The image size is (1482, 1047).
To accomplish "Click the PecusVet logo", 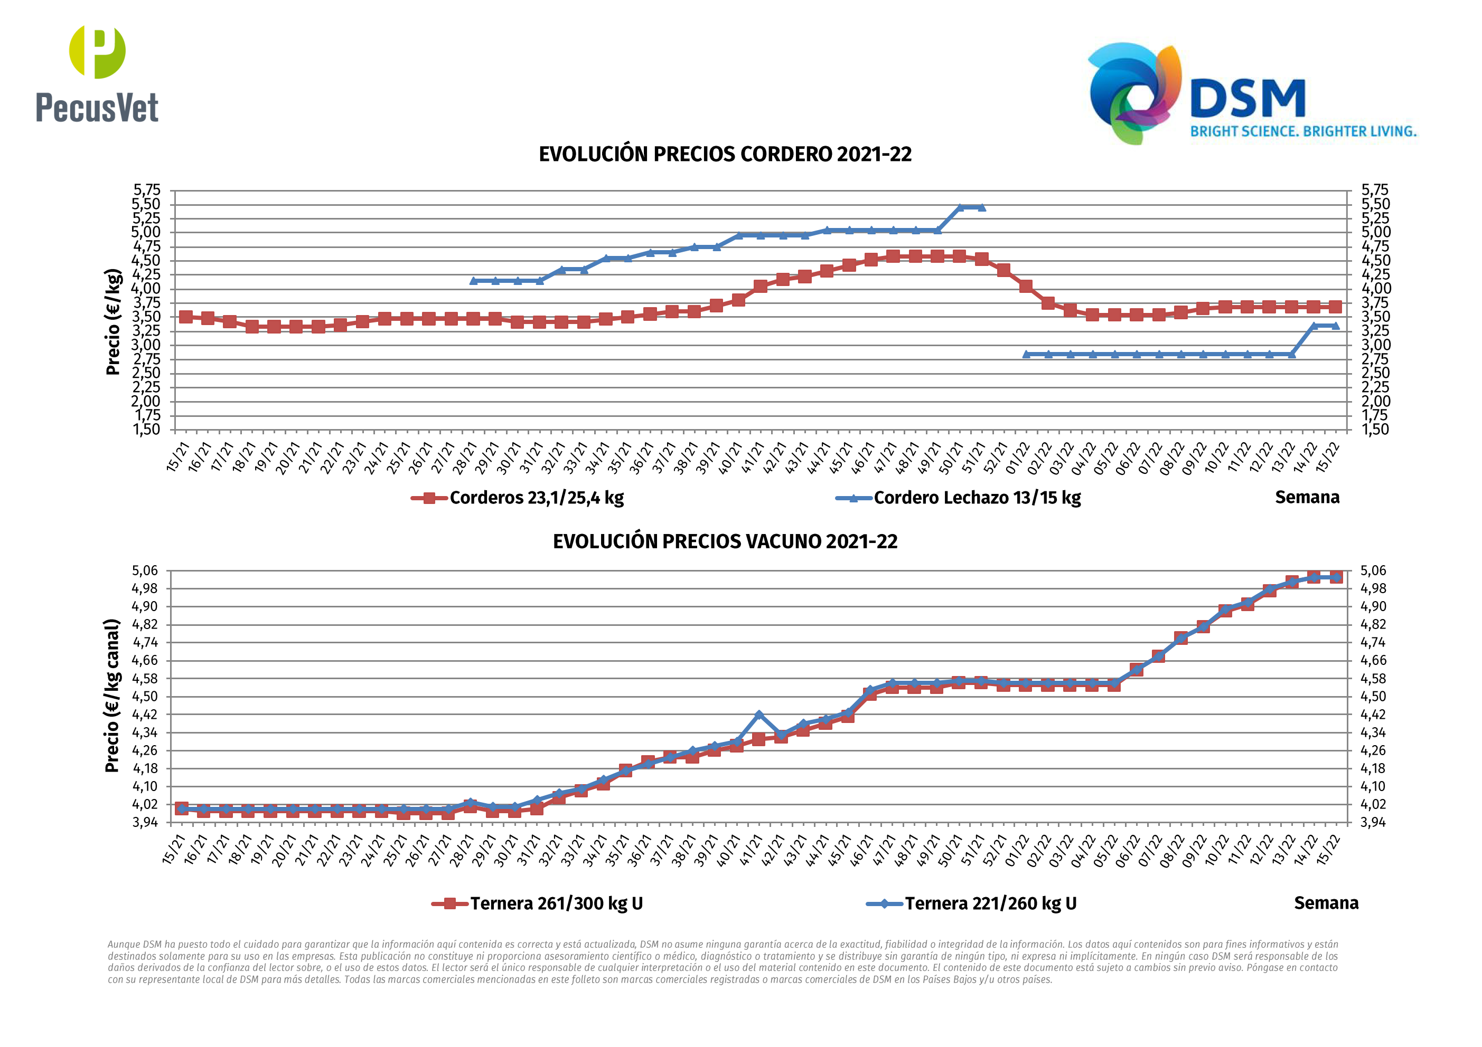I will [97, 74].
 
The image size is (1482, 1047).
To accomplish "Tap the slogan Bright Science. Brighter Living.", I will [1302, 131].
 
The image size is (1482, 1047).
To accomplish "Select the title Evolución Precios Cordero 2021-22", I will [725, 155].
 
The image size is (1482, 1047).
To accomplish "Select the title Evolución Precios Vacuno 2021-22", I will [725, 541].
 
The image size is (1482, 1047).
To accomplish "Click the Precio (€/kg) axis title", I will [113, 321].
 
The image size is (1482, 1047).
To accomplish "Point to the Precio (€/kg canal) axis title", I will [112, 696].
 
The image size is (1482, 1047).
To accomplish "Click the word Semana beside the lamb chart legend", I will [1307, 497].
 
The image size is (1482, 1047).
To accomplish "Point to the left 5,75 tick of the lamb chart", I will [146, 189].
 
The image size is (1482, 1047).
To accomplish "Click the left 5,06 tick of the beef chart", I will [145, 570].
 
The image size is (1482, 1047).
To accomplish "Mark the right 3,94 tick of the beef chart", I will [1372, 823].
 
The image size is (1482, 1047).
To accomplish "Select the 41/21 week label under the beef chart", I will [753, 850].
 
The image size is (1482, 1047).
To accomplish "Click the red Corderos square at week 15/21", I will [186, 317].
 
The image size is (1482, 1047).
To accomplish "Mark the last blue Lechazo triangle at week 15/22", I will [1335, 326].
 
